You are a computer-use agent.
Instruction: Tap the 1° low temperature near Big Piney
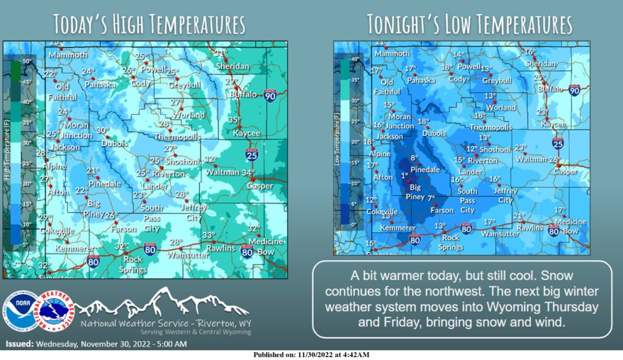(404, 176)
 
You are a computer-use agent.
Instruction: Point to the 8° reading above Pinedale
(416, 157)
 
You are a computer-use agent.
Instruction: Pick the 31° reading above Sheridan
(220, 53)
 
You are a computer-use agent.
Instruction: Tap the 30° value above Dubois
(103, 130)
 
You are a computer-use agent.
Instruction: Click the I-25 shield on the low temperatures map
(557, 144)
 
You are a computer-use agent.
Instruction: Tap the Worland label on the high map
(188, 115)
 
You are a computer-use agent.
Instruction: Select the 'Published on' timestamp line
(311, 355)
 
